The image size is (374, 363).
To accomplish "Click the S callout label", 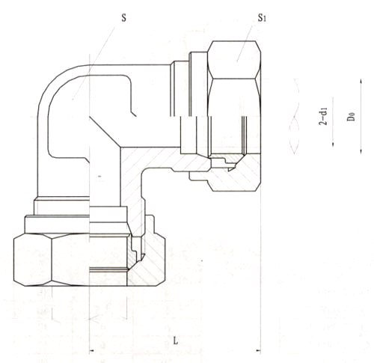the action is point(123,18).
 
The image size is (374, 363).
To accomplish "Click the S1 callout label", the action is point(262,18).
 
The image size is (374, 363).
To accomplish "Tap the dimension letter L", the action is point(176,341).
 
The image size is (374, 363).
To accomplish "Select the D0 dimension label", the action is point(351,117).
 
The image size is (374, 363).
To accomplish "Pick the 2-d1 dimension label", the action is point(323,116).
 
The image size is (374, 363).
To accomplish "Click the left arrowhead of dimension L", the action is point(92,351).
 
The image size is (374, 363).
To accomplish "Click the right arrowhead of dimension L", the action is point(258,351).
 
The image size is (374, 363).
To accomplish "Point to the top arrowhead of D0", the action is point(361,82).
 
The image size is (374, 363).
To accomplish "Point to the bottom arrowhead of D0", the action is point(361,150).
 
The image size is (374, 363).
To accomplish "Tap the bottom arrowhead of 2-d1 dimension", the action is point(333,144).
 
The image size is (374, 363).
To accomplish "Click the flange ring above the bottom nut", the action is point(57,225).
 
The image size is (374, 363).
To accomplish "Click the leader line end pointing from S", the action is point(73,100).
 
